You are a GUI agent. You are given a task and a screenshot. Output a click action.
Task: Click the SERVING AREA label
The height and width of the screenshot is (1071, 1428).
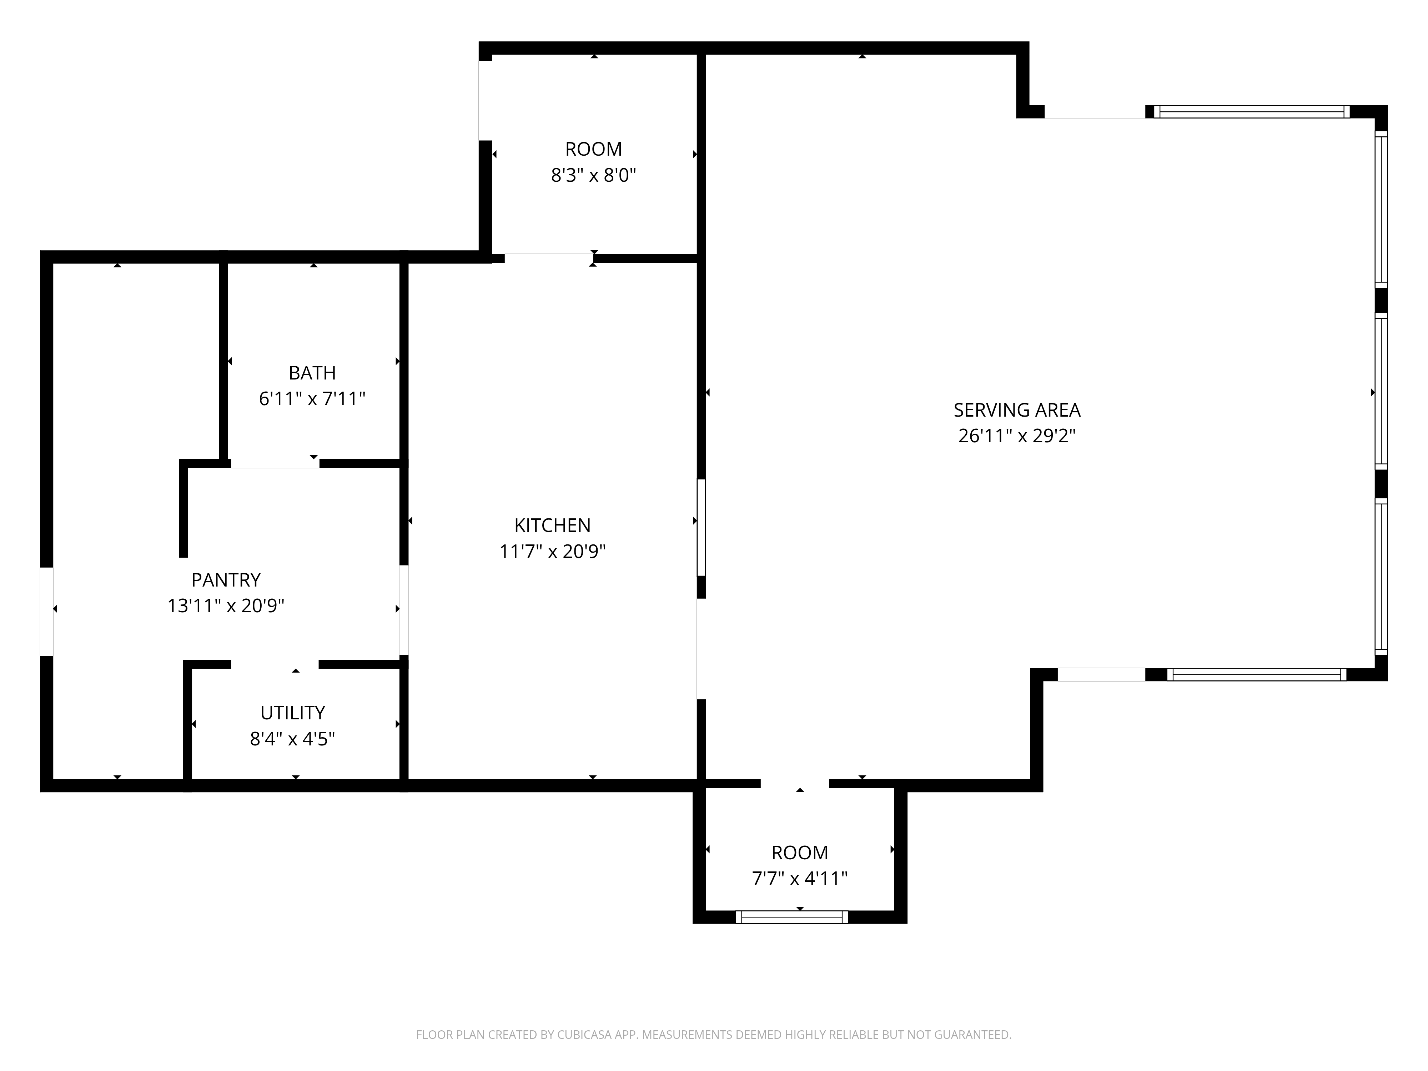tap(1017, 410)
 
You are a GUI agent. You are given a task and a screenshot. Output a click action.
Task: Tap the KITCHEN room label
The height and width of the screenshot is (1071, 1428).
tap(553, 526)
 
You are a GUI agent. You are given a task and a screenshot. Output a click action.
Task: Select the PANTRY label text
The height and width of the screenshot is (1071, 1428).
tap(226, 580)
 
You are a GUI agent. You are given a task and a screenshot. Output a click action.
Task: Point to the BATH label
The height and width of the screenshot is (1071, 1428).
tap(312, 373)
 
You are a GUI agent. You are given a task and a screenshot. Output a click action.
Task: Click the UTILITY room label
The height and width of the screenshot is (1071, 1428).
tap(292, 713)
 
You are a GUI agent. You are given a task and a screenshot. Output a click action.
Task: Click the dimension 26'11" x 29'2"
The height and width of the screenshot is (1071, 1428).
tap(1017, 436)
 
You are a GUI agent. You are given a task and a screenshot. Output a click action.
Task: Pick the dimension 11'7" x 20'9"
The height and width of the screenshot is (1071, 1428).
tap(553, 551)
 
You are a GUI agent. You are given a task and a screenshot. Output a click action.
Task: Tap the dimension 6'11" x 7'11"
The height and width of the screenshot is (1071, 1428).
tap(312, 399)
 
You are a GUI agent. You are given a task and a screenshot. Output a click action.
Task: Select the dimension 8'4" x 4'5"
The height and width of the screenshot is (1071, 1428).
tap(292, 739)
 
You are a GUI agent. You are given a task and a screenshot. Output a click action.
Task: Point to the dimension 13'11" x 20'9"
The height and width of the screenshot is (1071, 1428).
tap(226, 605)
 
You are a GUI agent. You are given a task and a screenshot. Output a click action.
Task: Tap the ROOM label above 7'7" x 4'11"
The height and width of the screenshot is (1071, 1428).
tap(800, 853)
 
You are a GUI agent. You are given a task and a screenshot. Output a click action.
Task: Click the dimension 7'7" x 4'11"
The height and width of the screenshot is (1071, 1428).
tap(800, 879)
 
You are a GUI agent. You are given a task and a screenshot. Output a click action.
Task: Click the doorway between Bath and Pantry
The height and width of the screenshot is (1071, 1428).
tap(275, 463)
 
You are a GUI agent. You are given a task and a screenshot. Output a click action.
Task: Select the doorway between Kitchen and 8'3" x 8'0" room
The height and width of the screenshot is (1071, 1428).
tap(549, 258)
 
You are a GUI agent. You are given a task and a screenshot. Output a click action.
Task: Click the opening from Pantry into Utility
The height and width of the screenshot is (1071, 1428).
tap(275, 664)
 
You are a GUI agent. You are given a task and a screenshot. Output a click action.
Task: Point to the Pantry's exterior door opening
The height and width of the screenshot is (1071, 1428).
tap(46, 611)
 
